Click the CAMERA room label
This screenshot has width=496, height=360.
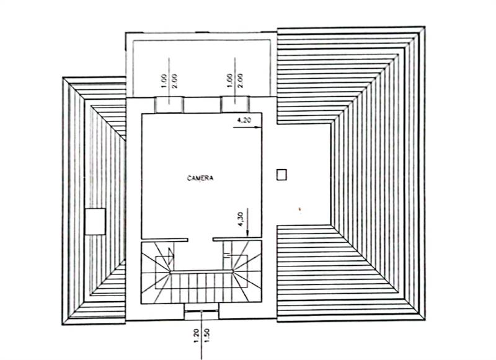pyautogui.click(x=200, y=178)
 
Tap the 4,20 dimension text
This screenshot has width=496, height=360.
pyautogui.click(x=244, y=120)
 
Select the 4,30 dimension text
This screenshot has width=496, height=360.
pyautogui.click(x=241, y=219)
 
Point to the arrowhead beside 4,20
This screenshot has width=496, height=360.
pyautogui.click(x=259, y=128)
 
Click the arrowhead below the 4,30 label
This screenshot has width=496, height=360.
pyautogui.click(x=247, y=234)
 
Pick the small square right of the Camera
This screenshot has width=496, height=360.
pyautogui.click(x=281, y=175)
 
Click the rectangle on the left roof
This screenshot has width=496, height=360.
pyautogui.click(x=95, y=221)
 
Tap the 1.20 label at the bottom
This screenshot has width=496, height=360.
pyautogui.click(x=196, y=335)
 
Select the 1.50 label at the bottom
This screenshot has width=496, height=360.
pyautogui.click(x=207, y=335)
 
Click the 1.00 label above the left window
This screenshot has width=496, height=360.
pyautogui.click(x=164, y=81)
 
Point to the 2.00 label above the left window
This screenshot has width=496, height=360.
pyautogui.click(x=174, y=81)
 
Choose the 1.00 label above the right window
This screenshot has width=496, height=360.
pyautogui.click(x=230, y=81)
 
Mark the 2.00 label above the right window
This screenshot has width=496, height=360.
pyautogui.click(x=240, y=81)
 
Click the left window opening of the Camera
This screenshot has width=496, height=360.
pyautogui.click(x=169, y=105)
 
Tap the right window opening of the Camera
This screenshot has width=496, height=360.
pyautogui.click(x=235, y=105)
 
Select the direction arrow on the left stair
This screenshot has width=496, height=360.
pyautogui.click(x=171, y=256)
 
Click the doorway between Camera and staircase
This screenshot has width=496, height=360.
pyautogui.click(x=200, y=240)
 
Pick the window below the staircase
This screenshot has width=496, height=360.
pyautogui.click(x=201, y=311)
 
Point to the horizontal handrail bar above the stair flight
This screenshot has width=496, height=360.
pyautogui.click(x=201, y=271)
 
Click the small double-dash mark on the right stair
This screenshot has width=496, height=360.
pyautogui.click(x=228, y=255)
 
